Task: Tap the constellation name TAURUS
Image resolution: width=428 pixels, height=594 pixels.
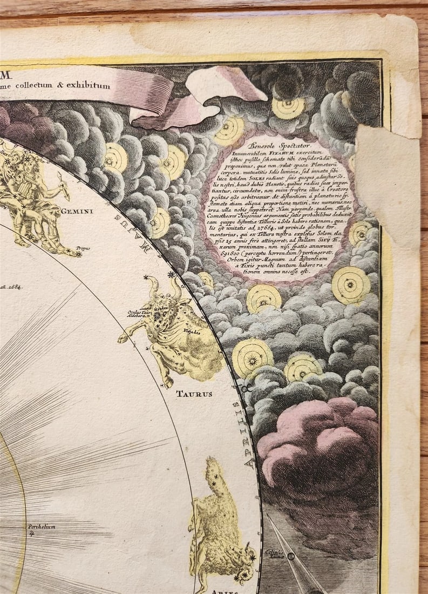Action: (194, 394)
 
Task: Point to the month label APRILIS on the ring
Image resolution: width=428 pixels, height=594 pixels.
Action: (249, 431)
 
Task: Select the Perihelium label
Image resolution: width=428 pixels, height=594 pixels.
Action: (42, 527)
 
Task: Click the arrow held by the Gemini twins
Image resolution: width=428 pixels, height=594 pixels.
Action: (63, 189)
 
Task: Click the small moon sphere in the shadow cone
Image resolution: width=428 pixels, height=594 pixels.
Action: (291, 556)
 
